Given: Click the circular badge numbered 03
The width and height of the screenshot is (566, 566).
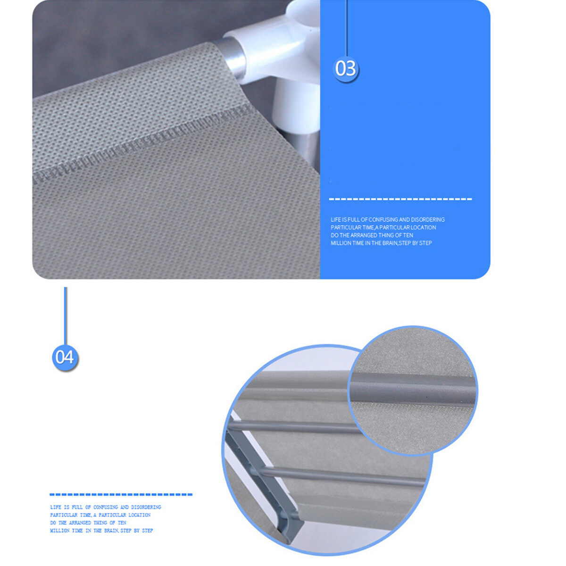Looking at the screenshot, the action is click(346, 69).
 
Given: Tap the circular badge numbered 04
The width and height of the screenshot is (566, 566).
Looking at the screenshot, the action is click(65, 357).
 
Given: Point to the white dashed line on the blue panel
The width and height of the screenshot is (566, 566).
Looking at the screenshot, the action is click(400, 199).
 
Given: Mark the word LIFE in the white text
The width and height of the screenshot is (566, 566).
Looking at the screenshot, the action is click(335, 219).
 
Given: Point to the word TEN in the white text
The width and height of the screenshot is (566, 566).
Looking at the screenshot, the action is click(408, 235).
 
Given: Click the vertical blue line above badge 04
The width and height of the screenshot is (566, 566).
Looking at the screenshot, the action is click(65, 316).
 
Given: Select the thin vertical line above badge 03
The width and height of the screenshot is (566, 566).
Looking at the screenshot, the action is click(347, 28).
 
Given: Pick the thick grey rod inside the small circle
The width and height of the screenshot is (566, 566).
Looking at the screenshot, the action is click(412, 387).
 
